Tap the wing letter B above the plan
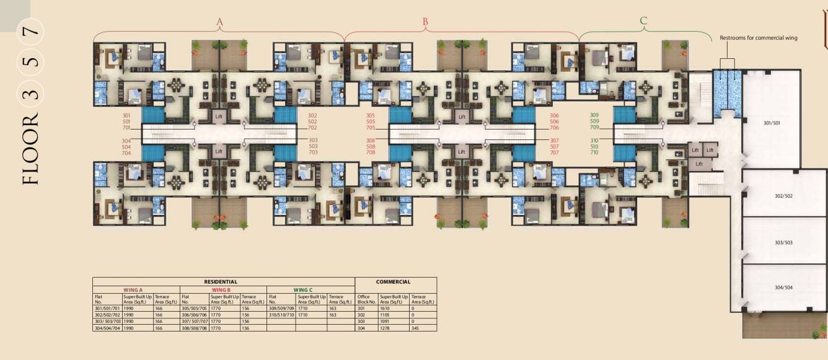pos(425,22)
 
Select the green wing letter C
pos(643,22)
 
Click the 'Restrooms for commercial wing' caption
pos(758,38)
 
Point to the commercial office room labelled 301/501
pos(771,123)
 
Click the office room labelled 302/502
pos(783,196)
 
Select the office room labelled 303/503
pos(783,242)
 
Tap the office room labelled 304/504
pos(783,288)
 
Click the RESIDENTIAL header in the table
pos(221,282)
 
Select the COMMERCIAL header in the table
pos(393,282)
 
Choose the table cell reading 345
pos(415,328)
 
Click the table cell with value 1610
pos(385,308)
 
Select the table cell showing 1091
pos(385,322)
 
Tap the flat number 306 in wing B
pos(554,115)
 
